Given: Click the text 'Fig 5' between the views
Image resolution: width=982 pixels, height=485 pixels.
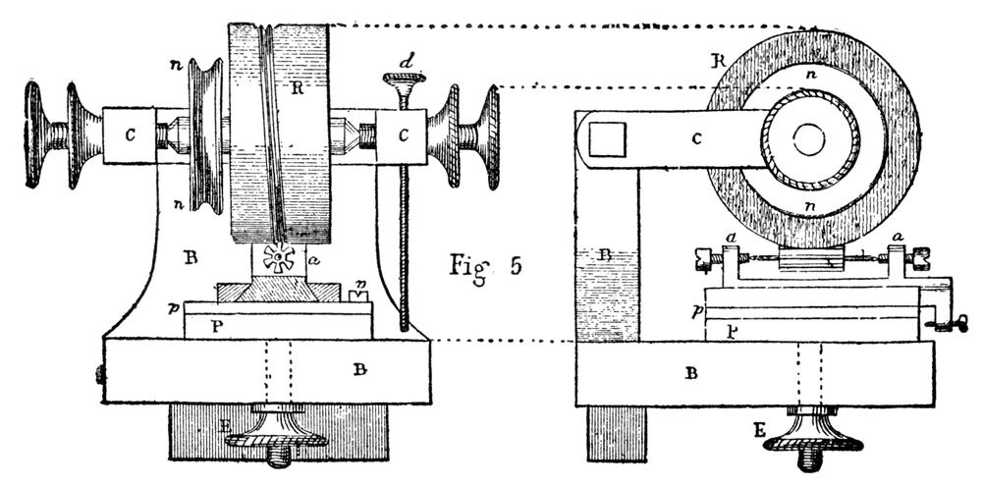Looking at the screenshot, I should (483, 265).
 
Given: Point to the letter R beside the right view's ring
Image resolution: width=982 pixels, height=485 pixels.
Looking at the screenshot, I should (720, 61).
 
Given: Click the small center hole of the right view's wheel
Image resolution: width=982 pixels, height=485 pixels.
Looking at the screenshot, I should (809, 140).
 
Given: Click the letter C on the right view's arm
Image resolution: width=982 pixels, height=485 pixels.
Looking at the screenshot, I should (696, 138).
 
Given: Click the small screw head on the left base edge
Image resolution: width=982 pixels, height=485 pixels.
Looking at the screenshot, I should (99, 373).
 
